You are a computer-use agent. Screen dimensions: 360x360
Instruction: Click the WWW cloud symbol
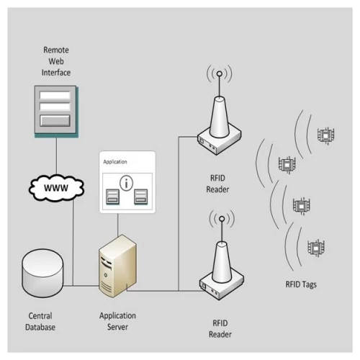pos(55,188)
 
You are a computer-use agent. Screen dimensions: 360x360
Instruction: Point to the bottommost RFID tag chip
pos(315,248)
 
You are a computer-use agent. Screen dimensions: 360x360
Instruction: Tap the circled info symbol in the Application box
pos(127,182)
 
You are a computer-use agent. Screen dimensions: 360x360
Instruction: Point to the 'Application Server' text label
pos(117,321)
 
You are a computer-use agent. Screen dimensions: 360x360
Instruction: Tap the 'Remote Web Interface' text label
pos(56,61)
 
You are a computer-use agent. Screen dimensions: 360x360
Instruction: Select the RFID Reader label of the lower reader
pos(220,329)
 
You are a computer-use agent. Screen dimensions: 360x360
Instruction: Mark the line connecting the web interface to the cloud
pos(56,154)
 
